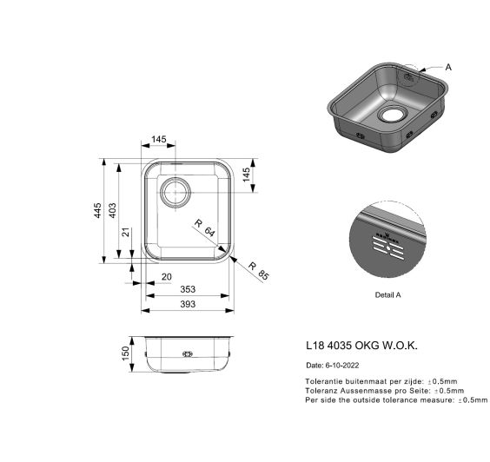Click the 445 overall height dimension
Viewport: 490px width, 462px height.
98,210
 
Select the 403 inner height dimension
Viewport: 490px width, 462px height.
112,210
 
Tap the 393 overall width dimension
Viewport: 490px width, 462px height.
188,304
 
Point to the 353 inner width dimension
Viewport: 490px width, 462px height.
188,289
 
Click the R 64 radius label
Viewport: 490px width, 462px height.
205,228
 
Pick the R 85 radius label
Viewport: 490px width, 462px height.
258,271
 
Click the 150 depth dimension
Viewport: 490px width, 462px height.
125,353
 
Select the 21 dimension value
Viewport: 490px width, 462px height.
126,232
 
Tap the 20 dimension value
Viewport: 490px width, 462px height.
167,277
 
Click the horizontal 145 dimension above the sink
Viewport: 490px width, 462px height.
159,139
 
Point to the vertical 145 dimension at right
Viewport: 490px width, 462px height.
246,175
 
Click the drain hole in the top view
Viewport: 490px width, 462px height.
175,193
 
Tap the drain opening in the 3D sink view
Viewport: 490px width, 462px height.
392,115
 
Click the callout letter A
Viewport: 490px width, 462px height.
448,67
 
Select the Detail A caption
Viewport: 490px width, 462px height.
387,295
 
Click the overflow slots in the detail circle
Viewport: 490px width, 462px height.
387,247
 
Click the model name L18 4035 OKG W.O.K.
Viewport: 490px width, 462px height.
361,346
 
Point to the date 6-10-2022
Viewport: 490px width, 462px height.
342,366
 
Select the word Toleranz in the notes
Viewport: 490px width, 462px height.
321,391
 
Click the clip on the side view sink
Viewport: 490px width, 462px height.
188,354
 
